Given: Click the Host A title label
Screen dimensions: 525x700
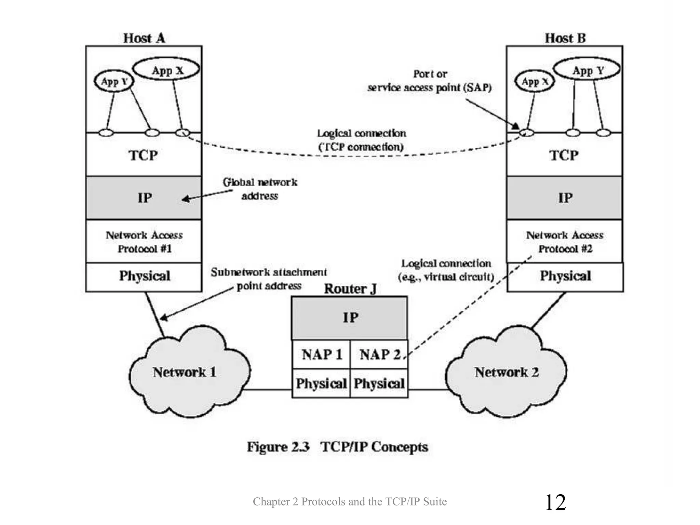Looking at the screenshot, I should click(144, 38).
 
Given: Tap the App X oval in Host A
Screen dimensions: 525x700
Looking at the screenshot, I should click(167, 70).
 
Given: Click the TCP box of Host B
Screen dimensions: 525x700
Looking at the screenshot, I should click(564, 156).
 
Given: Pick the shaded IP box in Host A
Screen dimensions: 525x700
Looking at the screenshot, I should click(144, 198).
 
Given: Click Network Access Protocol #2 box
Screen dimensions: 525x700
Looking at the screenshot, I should click(565, 242).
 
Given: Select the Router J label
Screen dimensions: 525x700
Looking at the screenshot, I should click(350, 289).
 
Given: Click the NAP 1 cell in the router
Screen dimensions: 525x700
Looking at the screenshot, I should click(321, 355).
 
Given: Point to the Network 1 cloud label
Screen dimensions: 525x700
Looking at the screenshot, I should click(185, 372).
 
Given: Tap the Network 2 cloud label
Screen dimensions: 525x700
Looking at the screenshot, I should click(507, 372).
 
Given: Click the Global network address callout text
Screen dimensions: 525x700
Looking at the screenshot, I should click(260, 189).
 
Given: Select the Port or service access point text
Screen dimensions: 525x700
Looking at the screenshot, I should click(429, 81).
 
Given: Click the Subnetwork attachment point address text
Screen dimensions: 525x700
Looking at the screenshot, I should click(269, 279).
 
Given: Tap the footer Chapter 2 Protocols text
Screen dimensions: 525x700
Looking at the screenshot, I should click(350, 501).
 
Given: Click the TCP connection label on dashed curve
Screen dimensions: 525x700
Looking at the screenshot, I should click(361, 140).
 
